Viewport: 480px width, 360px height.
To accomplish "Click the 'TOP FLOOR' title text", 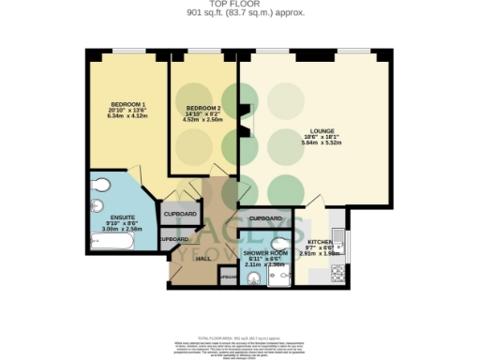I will [240, 5].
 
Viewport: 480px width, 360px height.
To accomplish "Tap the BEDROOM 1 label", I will [123, 102].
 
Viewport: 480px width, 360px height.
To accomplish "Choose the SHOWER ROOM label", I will [263, 253].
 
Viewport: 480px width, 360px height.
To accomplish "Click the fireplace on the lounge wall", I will [243, 121].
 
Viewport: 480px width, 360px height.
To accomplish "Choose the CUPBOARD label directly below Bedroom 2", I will [180, 215].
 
